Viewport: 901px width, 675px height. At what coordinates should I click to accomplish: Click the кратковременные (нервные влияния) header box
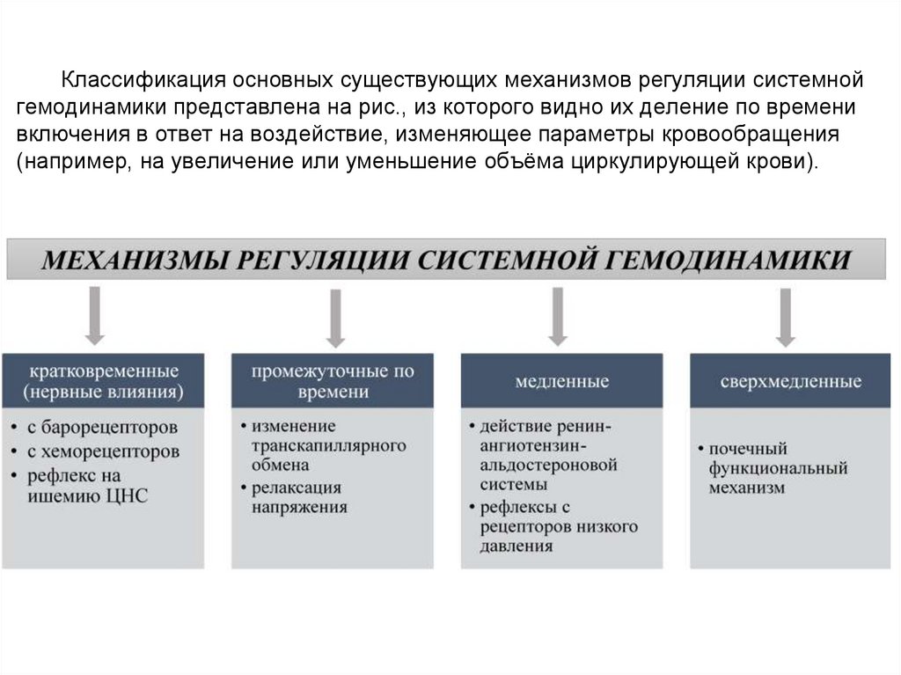pos(104,380)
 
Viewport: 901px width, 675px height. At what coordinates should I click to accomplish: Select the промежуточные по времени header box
pos(333,381)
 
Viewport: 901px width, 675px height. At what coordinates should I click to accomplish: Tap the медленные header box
pos(562,381)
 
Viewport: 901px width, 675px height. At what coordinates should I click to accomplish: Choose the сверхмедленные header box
pos(790,381)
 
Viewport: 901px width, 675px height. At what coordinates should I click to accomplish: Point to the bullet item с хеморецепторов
pos(103,451)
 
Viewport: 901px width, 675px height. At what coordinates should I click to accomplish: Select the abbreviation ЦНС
pos(127,496)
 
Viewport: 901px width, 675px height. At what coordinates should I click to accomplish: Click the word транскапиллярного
pos(329,444)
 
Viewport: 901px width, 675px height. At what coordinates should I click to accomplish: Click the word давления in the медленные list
pos(516,546)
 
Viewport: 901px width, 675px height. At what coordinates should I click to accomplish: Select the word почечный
pos(748,448)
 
